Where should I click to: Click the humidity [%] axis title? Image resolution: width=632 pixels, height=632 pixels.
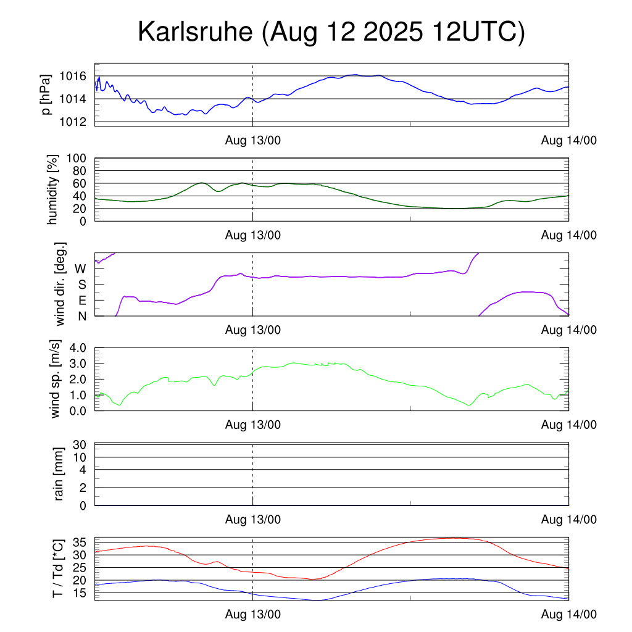point(54,189)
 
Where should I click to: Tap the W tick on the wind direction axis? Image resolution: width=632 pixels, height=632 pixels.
point(81,269)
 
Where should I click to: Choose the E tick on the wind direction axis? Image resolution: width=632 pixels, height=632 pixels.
point(81,301)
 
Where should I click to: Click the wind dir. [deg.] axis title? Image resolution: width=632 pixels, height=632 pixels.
point(61,284)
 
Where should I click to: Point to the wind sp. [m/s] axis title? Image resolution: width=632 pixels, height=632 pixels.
point(56,380)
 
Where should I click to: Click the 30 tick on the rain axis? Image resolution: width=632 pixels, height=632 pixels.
point(81,444)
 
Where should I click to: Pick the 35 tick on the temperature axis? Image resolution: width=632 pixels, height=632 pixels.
point(81,543)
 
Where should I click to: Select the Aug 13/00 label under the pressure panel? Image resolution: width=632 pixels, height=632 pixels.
point(253,140)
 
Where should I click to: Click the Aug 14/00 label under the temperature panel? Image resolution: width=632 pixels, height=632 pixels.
point(568,614)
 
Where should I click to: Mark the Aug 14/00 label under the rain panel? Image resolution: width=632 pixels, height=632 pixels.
point(568,520)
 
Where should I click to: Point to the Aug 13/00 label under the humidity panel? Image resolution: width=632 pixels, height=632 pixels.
point(253,235)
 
